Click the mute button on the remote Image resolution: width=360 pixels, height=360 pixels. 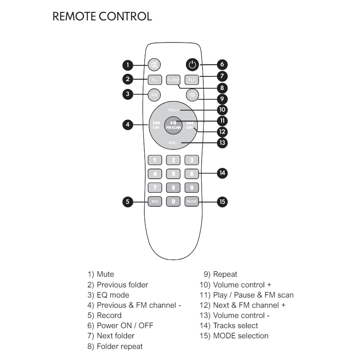[154, 65]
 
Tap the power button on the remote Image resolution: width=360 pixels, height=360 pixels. [192, 65]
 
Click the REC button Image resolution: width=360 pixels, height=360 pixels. [154, 201]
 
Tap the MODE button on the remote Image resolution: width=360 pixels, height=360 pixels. [192, 201]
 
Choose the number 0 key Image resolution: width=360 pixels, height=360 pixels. [173, 201]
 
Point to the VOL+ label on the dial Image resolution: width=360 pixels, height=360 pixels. [173, 110]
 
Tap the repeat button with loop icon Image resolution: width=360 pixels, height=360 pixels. [192, 95]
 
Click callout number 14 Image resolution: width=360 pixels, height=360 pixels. [222, 173]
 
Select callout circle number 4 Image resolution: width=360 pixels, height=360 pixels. [128, 125]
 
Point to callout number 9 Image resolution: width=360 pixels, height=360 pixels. [222, 99]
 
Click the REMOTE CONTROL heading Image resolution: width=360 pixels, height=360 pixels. [102, 17]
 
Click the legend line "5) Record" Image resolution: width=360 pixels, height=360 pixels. [104, 315]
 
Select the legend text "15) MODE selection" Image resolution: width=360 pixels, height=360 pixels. [234, 336]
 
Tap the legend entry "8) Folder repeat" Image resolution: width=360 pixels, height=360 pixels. [115, 346]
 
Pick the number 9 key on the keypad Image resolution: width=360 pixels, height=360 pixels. [192, 187]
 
